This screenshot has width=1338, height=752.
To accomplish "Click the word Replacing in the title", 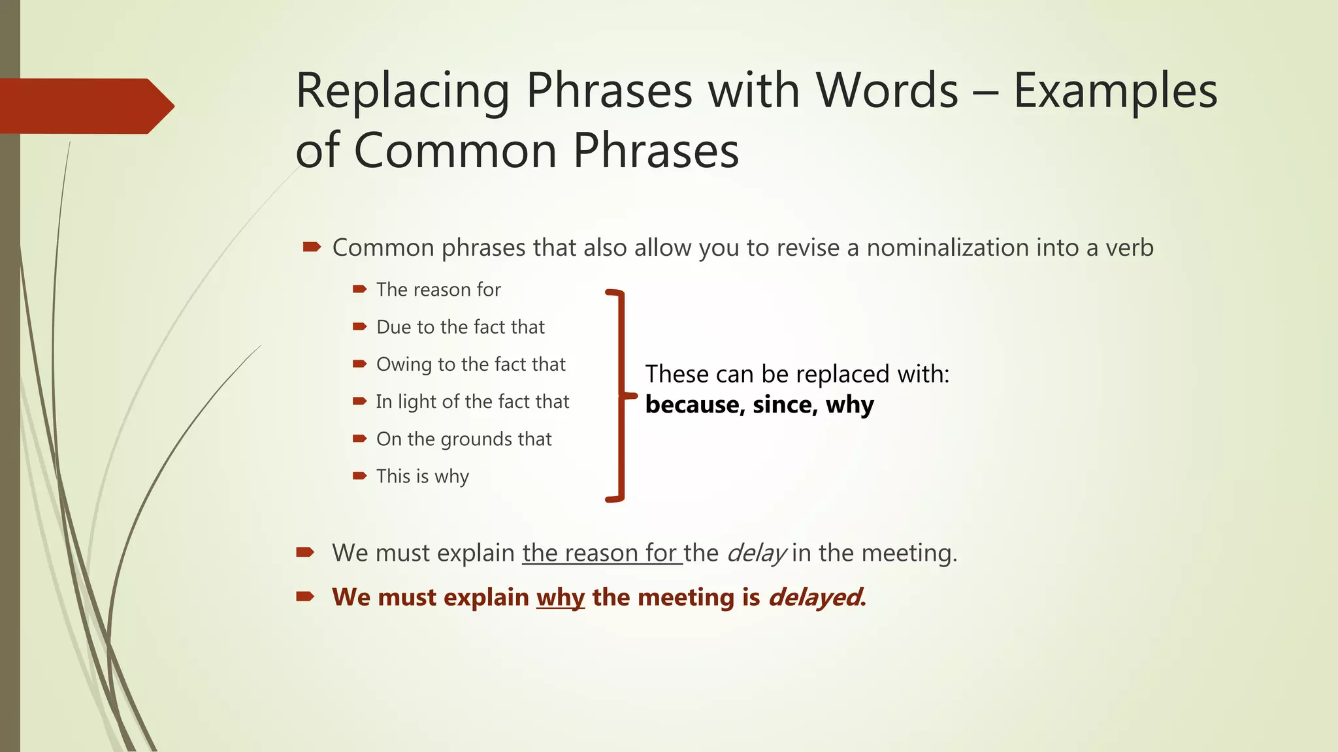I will (402, 91).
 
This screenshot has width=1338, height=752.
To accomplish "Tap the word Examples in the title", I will (1115, 91).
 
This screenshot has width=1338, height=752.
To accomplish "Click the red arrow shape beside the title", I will (85, 106).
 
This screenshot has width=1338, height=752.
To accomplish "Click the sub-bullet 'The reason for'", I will (438, 290).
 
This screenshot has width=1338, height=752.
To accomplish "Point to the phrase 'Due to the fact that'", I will (460, 327).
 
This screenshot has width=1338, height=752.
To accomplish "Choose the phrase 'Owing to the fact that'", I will (470, 364).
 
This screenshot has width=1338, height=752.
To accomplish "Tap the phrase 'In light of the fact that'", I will (472, 401).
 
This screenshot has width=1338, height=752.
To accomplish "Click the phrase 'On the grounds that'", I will (464, 439).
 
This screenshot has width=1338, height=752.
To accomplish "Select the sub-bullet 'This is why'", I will (422, 477).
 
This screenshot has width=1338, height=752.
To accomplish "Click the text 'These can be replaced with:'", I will (797, 375).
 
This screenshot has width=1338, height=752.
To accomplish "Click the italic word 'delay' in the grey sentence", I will (756, 554).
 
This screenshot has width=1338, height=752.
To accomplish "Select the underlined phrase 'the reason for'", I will (601, 554).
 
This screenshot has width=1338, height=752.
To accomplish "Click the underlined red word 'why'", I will (560, 598).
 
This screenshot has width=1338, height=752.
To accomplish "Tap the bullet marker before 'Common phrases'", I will (312, 247).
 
